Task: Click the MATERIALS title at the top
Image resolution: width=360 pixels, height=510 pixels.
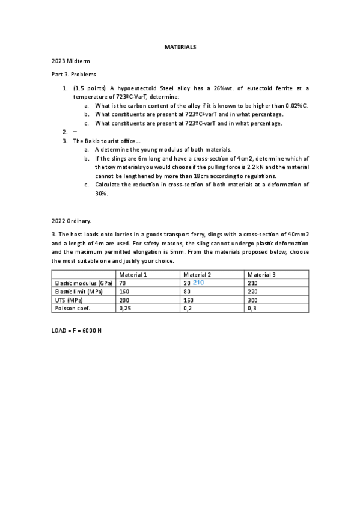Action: [x=180, y=47]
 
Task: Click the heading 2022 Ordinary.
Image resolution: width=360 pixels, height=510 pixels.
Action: [x=71, y=221]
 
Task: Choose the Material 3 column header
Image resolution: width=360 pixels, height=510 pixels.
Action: [x=261, y=274]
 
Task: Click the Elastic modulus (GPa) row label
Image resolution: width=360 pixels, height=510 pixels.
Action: [x=82, y=283]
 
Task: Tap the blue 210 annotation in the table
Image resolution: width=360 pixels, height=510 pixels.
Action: [x=199, y=282]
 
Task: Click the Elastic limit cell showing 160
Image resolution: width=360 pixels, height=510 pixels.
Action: [x=124, y=291]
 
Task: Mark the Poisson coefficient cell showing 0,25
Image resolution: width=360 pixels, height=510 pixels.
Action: [x=125, y=308]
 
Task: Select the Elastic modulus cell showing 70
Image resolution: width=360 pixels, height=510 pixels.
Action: [x=122, y=283]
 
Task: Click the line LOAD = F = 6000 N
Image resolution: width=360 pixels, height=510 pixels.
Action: [x=77, y=331]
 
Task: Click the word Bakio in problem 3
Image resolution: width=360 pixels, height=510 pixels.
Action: [x=93, y=141]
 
